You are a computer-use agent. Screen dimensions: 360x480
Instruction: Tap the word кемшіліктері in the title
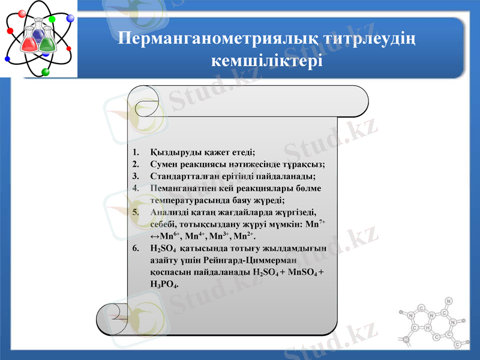[268, 61]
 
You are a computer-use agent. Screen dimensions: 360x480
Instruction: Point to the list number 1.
[136, 152]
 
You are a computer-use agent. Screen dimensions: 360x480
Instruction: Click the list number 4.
[136, 188]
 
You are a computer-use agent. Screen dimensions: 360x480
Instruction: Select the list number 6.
[136, 248]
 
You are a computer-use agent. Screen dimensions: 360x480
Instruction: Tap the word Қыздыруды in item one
[174, 152]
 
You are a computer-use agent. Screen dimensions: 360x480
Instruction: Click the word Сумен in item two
[164, 164]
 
